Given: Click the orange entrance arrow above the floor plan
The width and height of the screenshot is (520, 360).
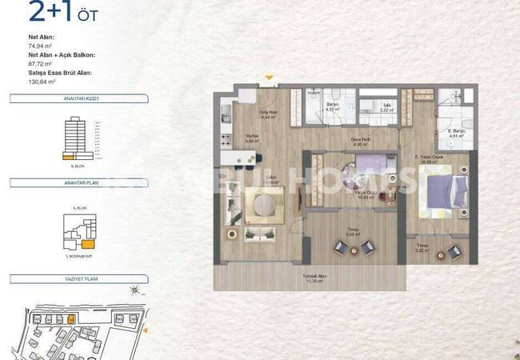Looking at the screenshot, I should [x=270, y=78].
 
